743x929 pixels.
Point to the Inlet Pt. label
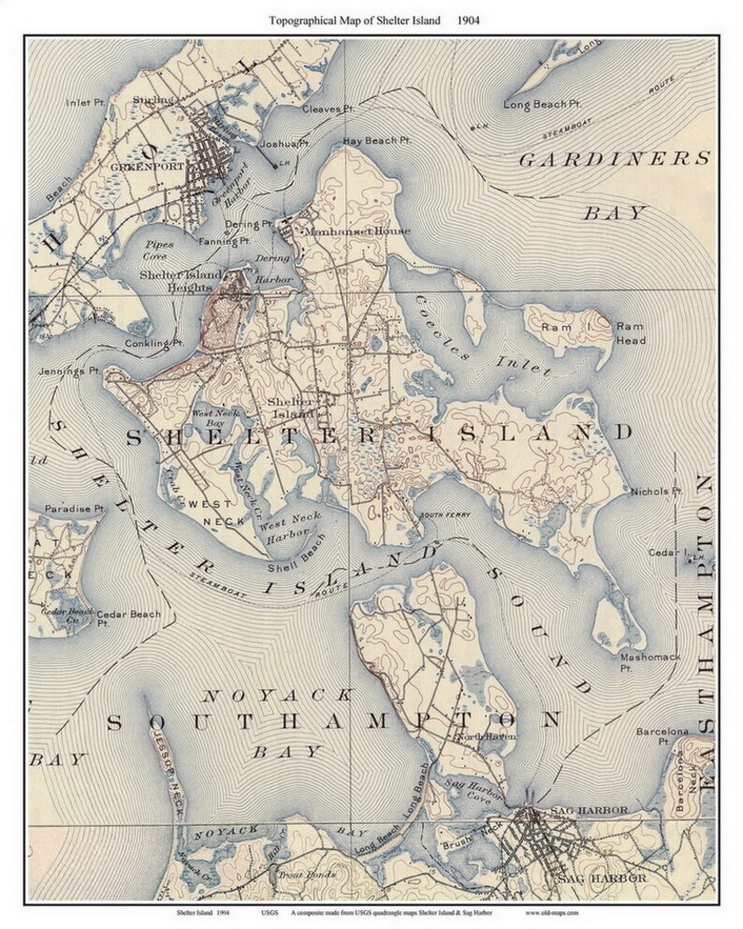[x=85, y=102]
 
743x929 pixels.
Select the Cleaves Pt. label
[x=327, y=110]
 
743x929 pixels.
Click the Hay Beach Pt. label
[x=377, y=140]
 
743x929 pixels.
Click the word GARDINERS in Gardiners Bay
[x=614, y=158]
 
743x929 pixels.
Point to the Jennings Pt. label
[x=68, y=371]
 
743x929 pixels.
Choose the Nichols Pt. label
[x=655, y=491]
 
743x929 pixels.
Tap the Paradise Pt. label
[x=74, y=509]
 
